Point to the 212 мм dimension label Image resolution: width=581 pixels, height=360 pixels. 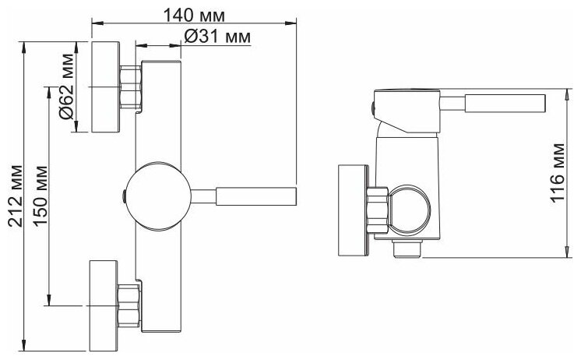(x=14, y=198)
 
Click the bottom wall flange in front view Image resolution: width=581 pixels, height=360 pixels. (x=104, y=305)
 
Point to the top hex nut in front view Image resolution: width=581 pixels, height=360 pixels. (x=131, y=86)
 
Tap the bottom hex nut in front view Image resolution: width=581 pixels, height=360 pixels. (x=129, y=305)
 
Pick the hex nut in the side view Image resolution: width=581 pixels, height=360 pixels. (x=378, y=210)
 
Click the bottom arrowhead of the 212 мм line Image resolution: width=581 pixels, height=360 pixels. (x=26, y=344)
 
